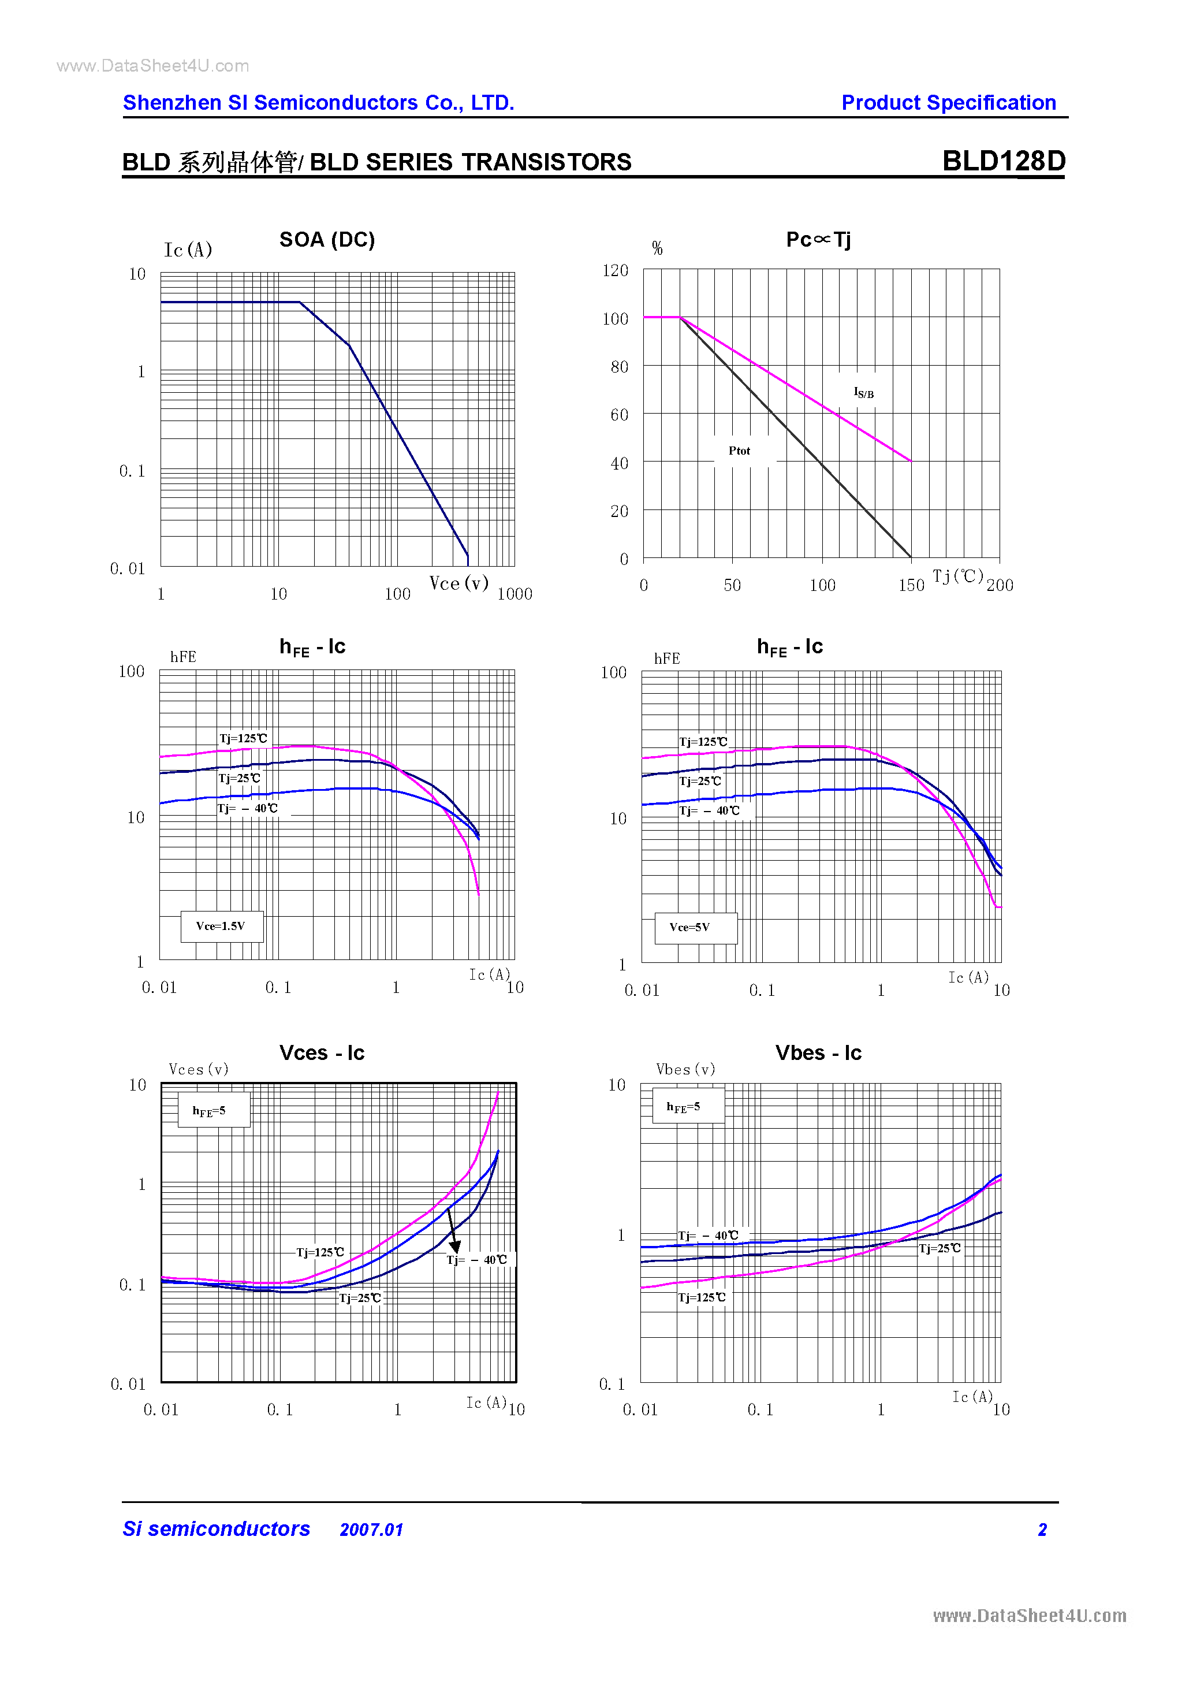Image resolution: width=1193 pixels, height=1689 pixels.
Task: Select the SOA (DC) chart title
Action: [x=327, y=240]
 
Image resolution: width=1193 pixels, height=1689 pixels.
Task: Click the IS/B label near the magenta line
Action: [x=863, y=393]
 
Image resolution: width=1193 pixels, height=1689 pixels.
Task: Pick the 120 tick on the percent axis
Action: [x=615, y=271]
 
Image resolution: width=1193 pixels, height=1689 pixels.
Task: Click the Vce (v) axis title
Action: [x=459, y=583]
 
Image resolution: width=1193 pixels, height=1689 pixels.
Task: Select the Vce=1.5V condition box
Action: [x=221, y=926]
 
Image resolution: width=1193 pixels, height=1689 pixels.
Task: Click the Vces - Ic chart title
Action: [x=322, y=1052]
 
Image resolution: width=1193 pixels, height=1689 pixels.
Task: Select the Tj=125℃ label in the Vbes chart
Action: [x=702, y=1297]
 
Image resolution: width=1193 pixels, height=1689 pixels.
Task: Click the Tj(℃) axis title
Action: [x=957, y=576]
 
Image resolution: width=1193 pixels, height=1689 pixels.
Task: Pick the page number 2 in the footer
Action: [x=1042, y=1530]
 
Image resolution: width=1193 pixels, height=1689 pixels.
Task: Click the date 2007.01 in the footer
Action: [x=371, y=1530]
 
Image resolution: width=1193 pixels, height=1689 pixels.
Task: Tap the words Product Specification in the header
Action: [x=948, y=103]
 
